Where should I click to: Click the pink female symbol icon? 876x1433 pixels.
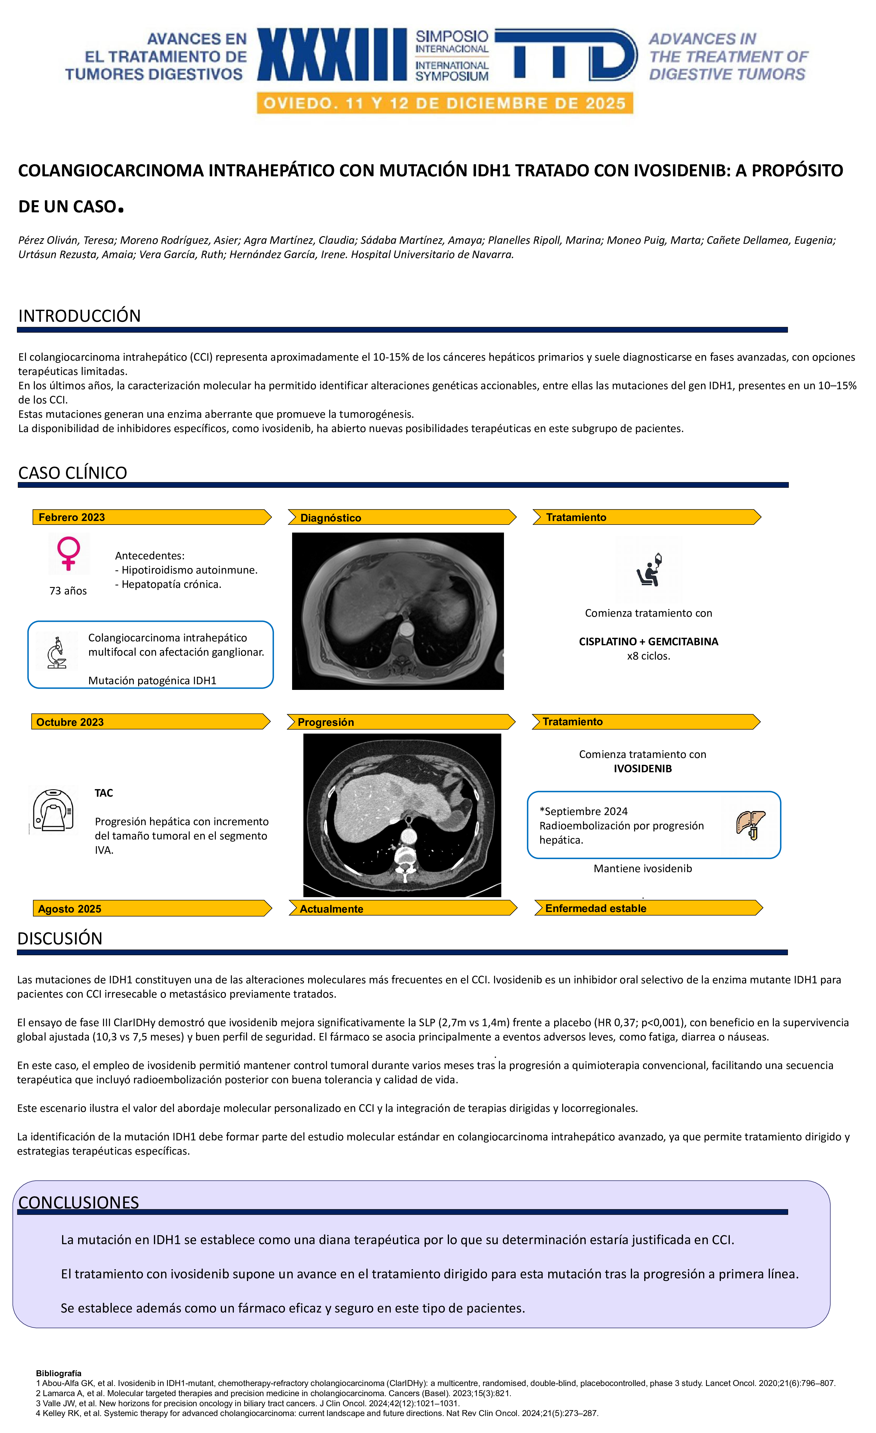[69, 553]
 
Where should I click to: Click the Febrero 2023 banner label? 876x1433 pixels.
[72, 517]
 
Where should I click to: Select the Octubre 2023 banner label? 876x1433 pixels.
[70, 722]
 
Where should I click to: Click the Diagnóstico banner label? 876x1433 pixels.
[330, 518]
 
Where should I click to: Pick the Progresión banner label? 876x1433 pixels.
[325, 722]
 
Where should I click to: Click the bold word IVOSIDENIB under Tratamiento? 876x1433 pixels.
[642, 768]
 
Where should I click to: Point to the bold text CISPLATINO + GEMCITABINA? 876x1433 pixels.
[648, 641]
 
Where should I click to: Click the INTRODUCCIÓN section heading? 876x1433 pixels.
[80, 316]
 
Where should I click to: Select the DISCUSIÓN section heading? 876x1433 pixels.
[60, 938]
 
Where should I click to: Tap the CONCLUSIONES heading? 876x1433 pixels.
[78, 1202]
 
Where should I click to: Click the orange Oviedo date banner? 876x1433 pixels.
[445, 103]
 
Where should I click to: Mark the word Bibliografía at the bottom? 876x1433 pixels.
[59, 1373]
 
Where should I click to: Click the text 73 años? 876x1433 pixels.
[68, 591]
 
